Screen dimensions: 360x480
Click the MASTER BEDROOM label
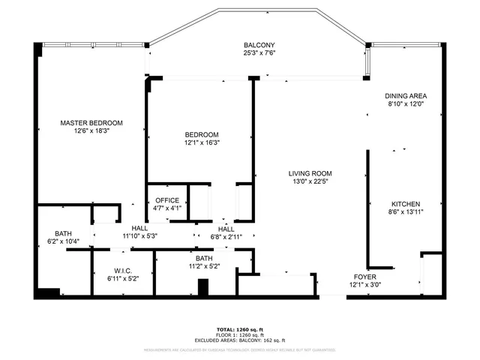pyautogui.click(x=92, y=122)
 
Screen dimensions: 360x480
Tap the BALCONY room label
pyautogui.click(x=259, y=45)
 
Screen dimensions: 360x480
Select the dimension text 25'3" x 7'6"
pyautogui.click(x=259, y=53)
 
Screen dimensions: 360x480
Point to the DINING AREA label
pyautogui.click(x=406, y=96)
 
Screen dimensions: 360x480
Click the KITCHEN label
pyautogui.click(x=405, y=204)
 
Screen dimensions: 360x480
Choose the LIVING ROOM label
pyautogui.click(x=310, y=172)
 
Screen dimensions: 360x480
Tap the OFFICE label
pyautogui.click(x=166, y=200)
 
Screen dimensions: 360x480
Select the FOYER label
pyautogui.click(x=365, y=276)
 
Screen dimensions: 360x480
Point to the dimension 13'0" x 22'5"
pyautogui.click(x=310, y=181)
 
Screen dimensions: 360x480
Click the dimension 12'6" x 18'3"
pyautogui.click(x=92, y=130)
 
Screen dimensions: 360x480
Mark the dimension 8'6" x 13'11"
pyautogui.click(x=405, y=212)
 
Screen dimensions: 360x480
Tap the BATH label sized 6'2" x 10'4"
pyautogui.click(x=63, y=233)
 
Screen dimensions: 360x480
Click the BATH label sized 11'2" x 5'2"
pyautogui.click(x=205, y=257)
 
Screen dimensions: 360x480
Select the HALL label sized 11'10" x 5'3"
pyautogui.click(x=139, y=228)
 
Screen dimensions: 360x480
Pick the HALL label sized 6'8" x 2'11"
pyautogui.click(x=226, y=229)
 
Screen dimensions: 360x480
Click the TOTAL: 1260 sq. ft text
pyautogui.click(x=240, y=329)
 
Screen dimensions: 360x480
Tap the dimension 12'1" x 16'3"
pyautogui.click(x=202, y=142)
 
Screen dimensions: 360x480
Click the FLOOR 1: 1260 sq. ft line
pyautogui.click(x=240, y=334)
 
